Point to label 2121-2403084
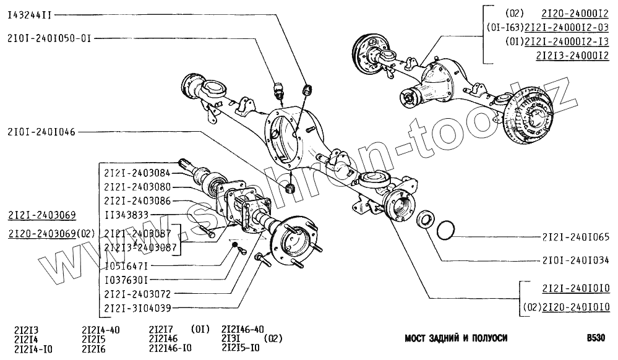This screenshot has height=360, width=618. pyautogui.click(x=137, y=173)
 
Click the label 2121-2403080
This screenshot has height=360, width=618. pyautogui.click(x=137, y=187)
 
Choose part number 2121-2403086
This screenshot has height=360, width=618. pyautogui.click(x=137, y=201)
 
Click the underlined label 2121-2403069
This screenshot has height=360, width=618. pyautogui.click(x=42, y=215)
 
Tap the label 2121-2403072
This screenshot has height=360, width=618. pyautogui.click(x=137, y=294)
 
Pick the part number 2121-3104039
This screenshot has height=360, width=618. pyautogui.click(x=137, y=307)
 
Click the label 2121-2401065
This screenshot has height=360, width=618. pyautogui.click(x=576, y=237)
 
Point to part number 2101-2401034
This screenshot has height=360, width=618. pyautogui.click(x=576, y=260)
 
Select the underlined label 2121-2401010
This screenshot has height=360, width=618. pyautogui.click(x=576, y=289)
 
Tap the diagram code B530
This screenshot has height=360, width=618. pyautogui.click(x=597, y=338)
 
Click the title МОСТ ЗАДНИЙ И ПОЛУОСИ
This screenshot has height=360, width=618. pyautogui.click(x=456, y=338)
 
